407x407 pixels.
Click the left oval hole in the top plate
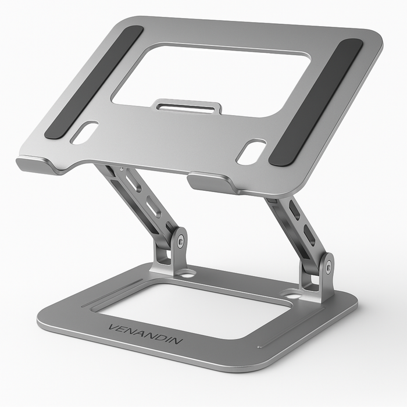point(84,133)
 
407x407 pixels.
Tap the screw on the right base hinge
point(329,267)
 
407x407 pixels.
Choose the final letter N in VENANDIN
point(177,341)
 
